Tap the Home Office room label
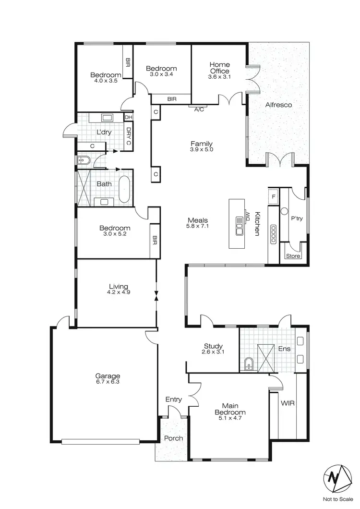(219, 68)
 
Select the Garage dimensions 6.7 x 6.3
(107, 383)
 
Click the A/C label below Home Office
(199, 109)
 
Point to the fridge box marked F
(274, 196)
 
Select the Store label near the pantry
(293, 256)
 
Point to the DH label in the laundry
(128, 117)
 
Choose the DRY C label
(128, 135)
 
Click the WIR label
(288, 403)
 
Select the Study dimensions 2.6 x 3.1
(213, 352)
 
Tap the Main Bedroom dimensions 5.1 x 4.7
(230, 419)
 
